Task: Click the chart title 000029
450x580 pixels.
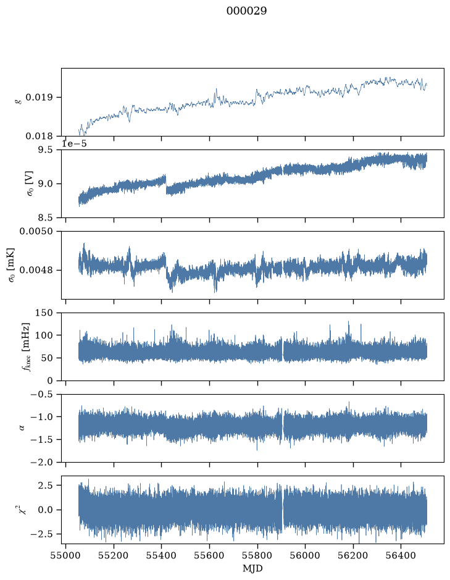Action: pos(246,11)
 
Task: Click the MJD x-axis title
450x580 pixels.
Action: pos(252,568)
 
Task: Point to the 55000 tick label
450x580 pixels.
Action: pos(66,556)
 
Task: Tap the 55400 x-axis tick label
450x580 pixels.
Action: pos(162,556)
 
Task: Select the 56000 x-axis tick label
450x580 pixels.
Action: pos(306,556)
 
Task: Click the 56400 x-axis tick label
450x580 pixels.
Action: pos(401,556)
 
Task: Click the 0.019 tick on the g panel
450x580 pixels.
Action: pos(39,97)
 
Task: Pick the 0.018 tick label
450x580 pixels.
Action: pos(39,136)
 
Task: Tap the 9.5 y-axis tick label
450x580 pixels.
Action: pos(44,149)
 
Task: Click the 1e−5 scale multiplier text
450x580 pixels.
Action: pos(74,143)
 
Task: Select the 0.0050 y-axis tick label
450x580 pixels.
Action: pos(36,231)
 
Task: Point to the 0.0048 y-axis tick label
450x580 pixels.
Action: pos(36,270)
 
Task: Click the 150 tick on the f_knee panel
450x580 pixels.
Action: pos(44,313)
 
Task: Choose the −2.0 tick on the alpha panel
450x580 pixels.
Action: pos(42,462)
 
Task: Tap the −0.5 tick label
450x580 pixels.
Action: pos(42,394)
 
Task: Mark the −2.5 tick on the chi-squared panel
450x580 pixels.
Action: pos(42,534)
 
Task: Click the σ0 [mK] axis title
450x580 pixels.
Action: pos(12,265)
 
